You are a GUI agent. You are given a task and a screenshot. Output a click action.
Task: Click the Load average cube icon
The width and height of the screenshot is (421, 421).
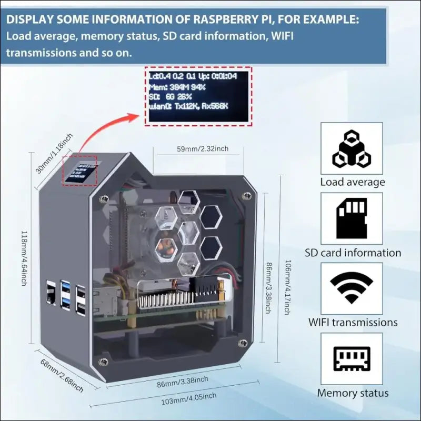pos(351,149)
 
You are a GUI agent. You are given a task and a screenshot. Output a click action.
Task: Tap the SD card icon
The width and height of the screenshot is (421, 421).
pos(351,218)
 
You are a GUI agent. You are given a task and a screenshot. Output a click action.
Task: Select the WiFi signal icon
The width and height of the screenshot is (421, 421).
pos(351,287)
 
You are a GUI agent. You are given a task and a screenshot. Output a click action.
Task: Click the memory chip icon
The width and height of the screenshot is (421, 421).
pos(351,359)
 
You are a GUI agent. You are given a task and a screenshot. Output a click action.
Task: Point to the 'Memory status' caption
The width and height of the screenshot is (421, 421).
pos(353,393)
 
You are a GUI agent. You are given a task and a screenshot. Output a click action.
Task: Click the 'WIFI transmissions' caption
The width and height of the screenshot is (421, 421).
pos(352,322)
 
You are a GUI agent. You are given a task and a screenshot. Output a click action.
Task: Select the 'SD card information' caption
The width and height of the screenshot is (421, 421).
pos(353,253)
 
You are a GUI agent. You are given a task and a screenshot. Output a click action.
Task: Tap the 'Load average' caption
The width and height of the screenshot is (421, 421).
pos(353,182)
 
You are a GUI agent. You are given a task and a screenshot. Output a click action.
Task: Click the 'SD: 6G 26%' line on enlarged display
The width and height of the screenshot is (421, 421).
pos(169,97)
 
